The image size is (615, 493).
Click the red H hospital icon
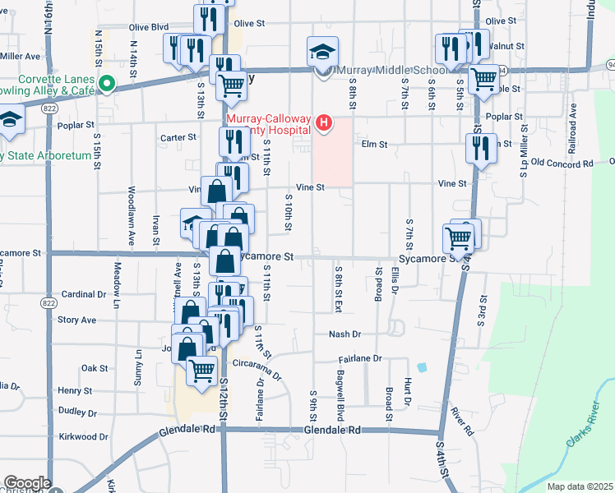pos(324,124)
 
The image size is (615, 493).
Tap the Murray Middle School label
pos(384,71)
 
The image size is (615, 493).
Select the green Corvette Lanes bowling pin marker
pos(106,83)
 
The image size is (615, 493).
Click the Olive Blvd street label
pos(150,26)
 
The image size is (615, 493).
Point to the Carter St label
pos(178,137)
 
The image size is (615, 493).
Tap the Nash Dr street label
pos(344,334)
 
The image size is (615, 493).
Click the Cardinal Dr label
pos(84,293)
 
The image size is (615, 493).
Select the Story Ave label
pos(77,320)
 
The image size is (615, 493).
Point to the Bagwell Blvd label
pos(340,399)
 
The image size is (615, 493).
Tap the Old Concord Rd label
pos(562,164)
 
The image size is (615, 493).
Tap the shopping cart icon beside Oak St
pos(202,371)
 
